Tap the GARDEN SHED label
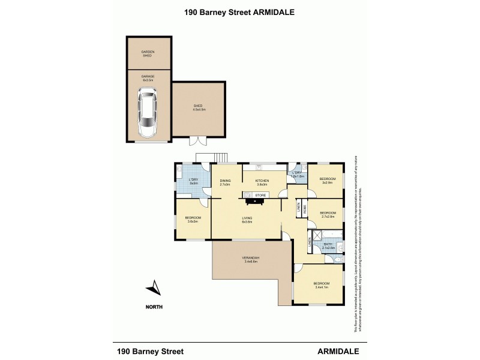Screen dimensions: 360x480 148,53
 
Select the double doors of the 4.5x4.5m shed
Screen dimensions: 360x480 196,141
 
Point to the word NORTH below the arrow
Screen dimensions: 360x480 154,307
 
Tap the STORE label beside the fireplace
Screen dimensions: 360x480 260,195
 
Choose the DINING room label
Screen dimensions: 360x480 225,182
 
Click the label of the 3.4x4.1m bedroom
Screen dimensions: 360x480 320,285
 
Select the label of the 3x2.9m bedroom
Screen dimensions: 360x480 328,180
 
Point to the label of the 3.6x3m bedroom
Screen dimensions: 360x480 193,219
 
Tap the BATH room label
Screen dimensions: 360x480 328,245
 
